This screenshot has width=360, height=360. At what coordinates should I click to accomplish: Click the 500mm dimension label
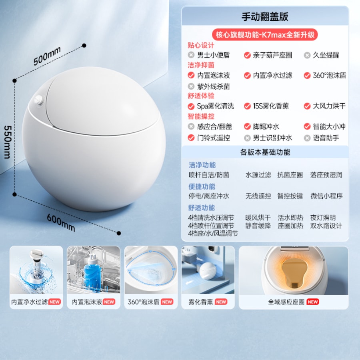click(x=47, y=56)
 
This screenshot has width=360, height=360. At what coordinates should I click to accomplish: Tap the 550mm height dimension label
click(x=8, y=142)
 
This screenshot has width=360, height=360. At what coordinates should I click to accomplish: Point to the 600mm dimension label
click(x=61, y=222)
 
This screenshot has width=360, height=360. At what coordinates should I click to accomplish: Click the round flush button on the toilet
click(x=38, y=100)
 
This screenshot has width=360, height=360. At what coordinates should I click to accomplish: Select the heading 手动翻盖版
click(x=265, y=16)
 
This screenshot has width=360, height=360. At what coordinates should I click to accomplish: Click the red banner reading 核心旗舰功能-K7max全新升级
click(x=265, y=35)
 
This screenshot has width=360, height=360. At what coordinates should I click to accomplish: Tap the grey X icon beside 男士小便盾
click(x=191, y=55)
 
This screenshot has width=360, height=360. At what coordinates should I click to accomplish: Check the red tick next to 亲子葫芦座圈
click(x=247, y=55)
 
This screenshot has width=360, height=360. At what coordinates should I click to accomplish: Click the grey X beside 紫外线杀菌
click(x=191, y=86)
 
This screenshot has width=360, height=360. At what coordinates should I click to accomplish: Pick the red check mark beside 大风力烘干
click(x=307, y=106)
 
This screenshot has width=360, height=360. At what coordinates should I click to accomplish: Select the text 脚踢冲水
click(x=266, y=126)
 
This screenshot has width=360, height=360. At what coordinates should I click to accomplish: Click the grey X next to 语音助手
click(x=307, y=138)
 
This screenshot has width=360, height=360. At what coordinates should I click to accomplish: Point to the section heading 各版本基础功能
click(x=265, y=152)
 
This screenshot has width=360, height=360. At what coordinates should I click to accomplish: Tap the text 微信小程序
click(x=326, y=196)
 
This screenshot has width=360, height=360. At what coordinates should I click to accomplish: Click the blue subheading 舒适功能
click(x=201, y=208)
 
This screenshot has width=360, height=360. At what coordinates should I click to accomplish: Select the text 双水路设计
click(x=326, y=226)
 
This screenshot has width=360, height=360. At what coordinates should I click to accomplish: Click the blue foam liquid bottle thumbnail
click(x=94, y=270)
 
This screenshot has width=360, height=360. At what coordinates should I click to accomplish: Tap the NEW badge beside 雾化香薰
click(x=221, y=302)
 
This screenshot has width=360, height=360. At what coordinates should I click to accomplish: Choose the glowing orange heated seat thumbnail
click(x=294, y=270)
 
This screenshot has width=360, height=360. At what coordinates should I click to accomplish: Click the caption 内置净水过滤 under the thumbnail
click(x=29, y=302)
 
